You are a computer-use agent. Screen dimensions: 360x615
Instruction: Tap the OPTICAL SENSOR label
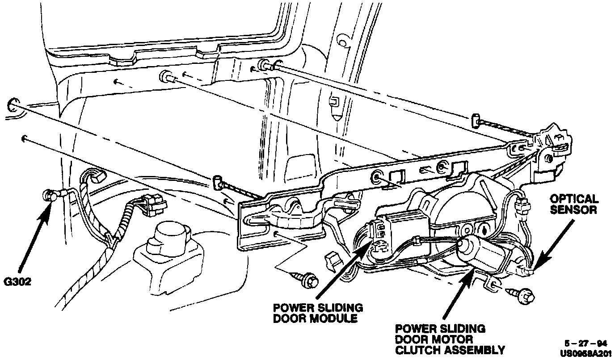click(574, 204)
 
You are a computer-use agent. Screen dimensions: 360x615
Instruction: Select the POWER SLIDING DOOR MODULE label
click(318, 313)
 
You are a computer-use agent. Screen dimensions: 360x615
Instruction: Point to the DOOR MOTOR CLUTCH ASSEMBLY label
click(450, 339)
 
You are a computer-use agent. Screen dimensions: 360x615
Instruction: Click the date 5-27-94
click(585, 344)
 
